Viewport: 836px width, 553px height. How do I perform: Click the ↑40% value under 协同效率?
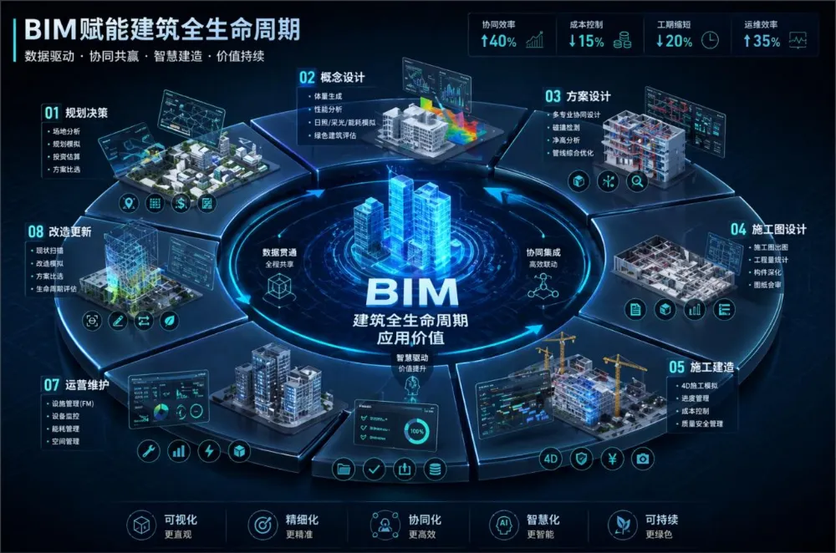click(x=499, y=41)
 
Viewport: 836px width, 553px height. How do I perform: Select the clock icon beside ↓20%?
click(x=710, y=40)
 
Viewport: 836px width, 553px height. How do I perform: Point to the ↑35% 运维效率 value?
click(x=762, y=41)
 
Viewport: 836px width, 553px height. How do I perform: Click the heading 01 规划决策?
click(x=75, y=112)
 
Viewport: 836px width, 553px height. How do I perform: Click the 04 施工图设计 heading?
click(x=767, y=229)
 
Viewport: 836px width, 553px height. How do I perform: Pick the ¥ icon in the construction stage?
click(x=612, y=458)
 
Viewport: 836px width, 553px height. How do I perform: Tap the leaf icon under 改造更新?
click(x=170, y=320)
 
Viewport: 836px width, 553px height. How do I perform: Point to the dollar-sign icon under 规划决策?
click(x=181, y=203)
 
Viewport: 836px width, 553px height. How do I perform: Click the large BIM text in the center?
click(x=412, y=292)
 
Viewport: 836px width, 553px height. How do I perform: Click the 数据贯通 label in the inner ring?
click(x=281, y=251)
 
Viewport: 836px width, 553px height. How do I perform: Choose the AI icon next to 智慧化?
click(x=503, y=525)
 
